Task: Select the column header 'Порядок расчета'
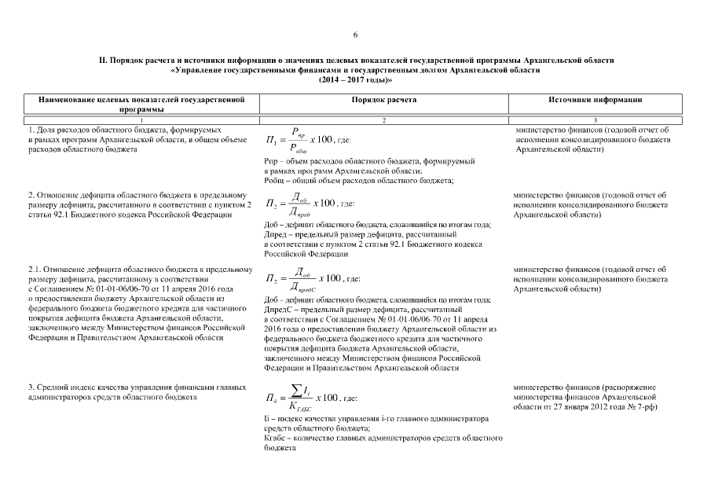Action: point(384,101)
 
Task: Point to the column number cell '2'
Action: point(384,119)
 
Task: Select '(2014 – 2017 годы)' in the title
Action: point(355,80)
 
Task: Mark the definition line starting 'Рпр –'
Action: point(369,160)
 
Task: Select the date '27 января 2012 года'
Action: point(583,408)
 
